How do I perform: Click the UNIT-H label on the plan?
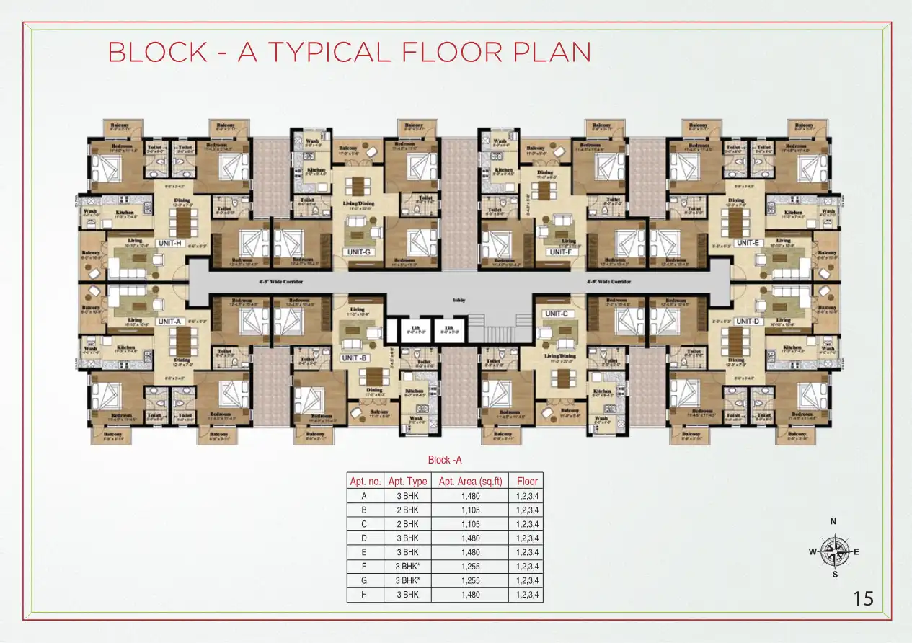(169, 243)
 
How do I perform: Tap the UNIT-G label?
(359, 252)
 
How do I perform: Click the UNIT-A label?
(169, 321)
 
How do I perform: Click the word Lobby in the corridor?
(457, 301)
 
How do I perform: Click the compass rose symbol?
(834, 552)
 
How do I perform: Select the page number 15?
(863, 598)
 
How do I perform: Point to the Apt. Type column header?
(407, 481)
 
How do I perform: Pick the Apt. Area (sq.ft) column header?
(470, 481)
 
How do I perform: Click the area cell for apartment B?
(470, 510)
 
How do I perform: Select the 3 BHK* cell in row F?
(407, 567)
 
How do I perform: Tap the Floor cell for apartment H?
(527, 595)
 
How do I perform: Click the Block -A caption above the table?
(444, 460)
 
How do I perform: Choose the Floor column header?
(527, 481)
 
